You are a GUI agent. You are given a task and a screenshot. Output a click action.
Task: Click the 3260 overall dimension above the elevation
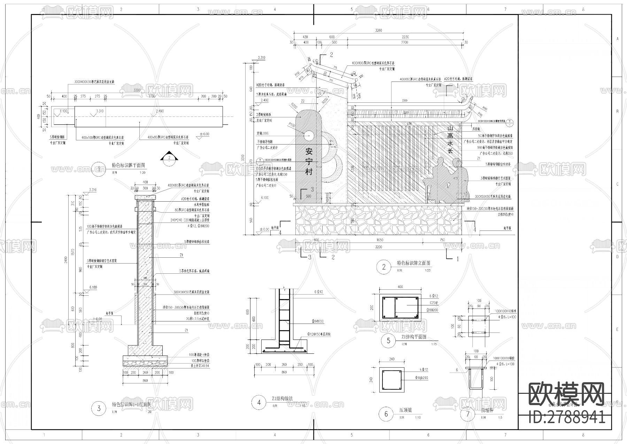coord(378,30)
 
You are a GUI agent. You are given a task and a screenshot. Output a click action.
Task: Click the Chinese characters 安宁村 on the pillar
coord(309,162)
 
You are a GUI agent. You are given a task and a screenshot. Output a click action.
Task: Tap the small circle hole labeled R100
coord(309,136)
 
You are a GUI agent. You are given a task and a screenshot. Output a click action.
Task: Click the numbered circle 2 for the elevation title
coord(384,267)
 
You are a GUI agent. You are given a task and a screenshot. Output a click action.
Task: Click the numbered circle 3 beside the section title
coord(99,408)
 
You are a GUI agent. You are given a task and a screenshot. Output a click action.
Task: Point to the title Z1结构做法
coord(282,398)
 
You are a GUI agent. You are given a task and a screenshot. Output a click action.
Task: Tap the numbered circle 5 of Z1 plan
coord(388,341)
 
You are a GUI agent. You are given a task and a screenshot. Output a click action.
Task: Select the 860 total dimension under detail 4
coord(284,372)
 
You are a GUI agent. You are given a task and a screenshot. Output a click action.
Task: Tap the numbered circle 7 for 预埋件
coord(468,414)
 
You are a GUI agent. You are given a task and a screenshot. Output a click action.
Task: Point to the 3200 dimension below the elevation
coord(378,247)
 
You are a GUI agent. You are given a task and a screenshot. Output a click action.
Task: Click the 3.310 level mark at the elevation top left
coord(261,58)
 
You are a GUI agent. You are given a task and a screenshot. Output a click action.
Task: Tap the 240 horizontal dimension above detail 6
coord(392,359)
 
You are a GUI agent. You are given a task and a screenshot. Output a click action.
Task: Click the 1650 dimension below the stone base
coord(380,240)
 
